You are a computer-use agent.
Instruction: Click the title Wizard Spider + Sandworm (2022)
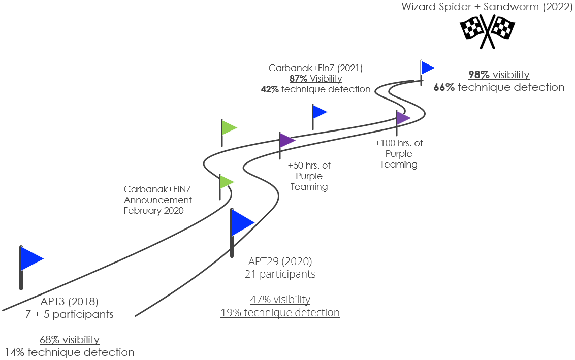[485, 7]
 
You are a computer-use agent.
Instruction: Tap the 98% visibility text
[499, 75]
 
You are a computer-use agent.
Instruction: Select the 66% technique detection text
[499, 87]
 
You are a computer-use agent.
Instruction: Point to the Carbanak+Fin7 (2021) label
[315, 68]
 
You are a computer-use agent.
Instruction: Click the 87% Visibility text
[315, 79]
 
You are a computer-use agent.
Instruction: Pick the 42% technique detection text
[315, 89]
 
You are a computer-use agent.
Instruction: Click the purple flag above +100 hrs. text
[403, 118]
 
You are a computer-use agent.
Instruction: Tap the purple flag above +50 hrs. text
[286, 141]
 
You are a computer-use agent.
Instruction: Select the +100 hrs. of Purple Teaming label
[399, 154]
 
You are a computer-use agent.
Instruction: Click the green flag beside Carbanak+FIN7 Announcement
[226, 182]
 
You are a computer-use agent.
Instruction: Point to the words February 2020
[154, 211]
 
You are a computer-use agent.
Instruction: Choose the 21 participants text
[280, 274]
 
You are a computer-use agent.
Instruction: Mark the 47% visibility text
[280, 300]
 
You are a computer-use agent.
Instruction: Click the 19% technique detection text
[280, 313]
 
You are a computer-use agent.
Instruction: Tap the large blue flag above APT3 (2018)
[31, 259]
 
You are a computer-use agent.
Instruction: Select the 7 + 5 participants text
[69, 314]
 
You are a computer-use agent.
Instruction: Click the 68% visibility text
[70, 340]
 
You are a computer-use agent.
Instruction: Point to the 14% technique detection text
[70, 352]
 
